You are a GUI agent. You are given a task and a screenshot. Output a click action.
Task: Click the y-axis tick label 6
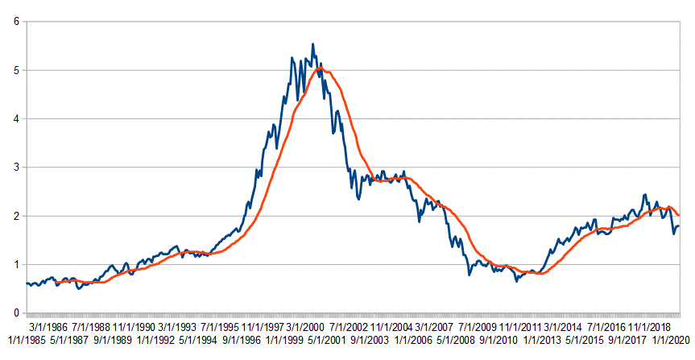(x=15, y=22)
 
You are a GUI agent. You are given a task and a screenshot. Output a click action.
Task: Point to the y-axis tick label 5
(x=15, y=70)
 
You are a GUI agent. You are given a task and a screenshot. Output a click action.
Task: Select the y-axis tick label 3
(x=15, y=168)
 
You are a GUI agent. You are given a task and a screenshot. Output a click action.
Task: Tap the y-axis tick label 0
(x=15, y=313)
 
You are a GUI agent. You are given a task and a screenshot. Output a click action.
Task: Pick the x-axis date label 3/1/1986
(x=48, y=328)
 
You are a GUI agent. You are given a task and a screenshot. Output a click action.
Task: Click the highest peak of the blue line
(x=313, y=44)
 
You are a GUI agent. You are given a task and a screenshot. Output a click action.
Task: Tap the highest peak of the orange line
(x=321, y=69)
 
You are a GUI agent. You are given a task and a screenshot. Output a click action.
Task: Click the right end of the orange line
(x=679, y=216)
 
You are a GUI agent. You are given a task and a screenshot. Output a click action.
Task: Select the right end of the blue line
(x=679, y=226)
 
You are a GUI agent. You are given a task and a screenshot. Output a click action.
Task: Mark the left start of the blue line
(x=26, y=283)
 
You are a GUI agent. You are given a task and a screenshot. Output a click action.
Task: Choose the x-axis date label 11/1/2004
(x=393, y=328)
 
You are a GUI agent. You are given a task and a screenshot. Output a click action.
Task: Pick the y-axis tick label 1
(x=15, y=264)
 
